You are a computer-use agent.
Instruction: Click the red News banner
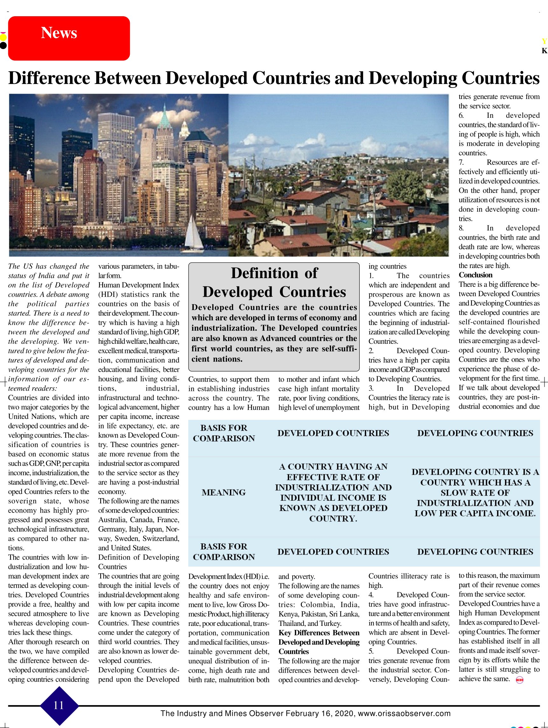(x=69, y=38)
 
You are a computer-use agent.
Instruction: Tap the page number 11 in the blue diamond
(x=59, y=705)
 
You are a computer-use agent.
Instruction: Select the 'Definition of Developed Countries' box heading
(x=274, y=282)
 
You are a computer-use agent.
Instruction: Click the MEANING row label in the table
(x=224, y=492)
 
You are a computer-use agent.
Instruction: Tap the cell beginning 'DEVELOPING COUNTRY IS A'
(x=475, y=492)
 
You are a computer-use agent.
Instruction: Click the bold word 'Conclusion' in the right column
(x=475, y=275)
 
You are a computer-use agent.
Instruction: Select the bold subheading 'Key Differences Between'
(x=319, y=633)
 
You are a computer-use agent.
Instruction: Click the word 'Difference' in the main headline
(x=49, y=78)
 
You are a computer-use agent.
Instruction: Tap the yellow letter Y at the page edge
(x=544, y=41)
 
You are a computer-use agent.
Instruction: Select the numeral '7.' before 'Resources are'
(x=461, y=163)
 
